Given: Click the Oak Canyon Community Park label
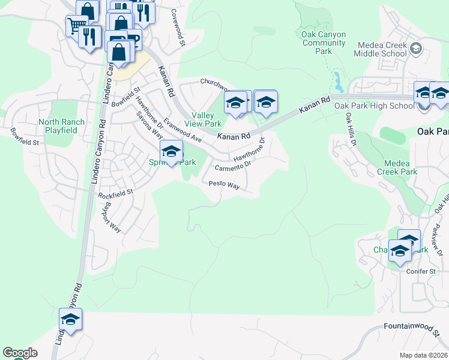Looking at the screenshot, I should [x=324, y=43].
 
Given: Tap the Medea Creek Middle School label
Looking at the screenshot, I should [x=382, y=49].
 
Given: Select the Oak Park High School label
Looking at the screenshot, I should [x=374, y=106].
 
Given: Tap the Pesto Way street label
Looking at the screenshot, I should [x=224, y=185].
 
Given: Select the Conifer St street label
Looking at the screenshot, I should [x=420, y=271].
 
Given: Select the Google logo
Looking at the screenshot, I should [x=20, y=353].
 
